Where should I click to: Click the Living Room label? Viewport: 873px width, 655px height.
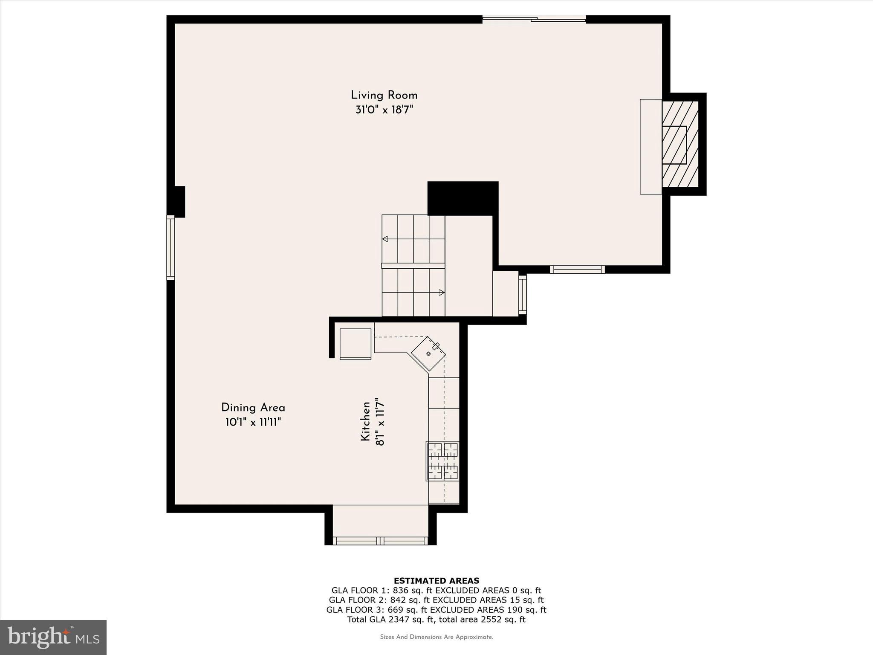[x=384, y=95]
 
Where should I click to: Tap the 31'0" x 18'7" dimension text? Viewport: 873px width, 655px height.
[x=384, y=110]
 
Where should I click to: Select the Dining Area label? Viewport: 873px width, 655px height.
[x=253, y=408]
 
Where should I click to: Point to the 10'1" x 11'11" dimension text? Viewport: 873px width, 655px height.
[x=253, y=423]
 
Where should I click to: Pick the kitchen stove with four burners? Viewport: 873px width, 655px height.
[x=443, y=461]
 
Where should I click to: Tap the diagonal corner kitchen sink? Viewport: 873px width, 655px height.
[x=428, y=354]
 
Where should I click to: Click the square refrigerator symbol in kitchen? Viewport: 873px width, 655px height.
[x=355, y=344]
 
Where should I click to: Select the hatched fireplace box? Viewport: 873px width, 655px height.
[x=680, y=144]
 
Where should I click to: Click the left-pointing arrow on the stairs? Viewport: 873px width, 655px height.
[x=385, y=239]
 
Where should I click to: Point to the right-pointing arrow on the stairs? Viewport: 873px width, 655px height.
[x=442, y=293]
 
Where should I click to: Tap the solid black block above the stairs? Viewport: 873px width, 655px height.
[x=463, y=198]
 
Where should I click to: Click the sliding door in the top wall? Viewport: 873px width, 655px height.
[x=534, y=19]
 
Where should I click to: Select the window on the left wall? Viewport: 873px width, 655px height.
[x=171, y=247]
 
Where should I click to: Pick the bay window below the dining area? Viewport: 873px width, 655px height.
[x=380, y=541]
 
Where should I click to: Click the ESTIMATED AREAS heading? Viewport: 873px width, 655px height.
[x=436, y=580]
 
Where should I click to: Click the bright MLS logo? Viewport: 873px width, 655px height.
[x=53, y=637]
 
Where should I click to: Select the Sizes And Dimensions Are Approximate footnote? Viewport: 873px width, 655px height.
[x=436, y=637]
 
